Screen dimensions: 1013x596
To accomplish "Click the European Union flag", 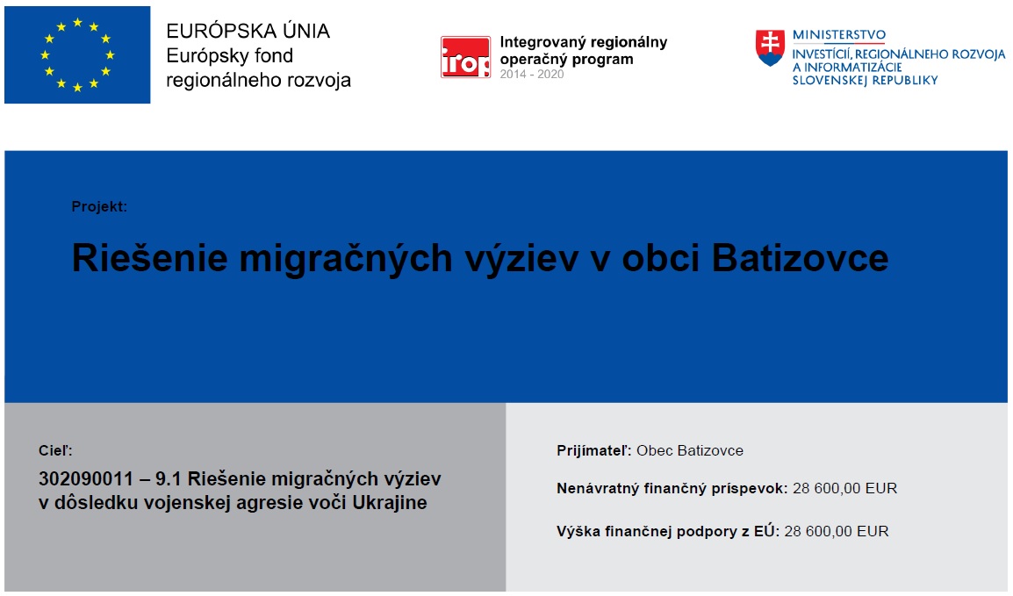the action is click(x=77, y=55).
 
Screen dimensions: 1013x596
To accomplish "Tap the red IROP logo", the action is click(x=465, y=57).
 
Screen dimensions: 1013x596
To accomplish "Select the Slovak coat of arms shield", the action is click(x=770, y=47).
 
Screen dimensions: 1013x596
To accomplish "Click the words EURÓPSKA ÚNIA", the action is click(x=248, y=31).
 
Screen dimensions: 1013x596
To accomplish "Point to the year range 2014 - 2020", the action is click(x=532, y=75).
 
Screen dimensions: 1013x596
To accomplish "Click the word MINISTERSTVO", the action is click(x=839, y=35).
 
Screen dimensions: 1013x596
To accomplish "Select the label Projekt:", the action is click(x=99, y=206).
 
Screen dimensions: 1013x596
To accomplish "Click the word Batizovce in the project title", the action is click(x=800, y=258).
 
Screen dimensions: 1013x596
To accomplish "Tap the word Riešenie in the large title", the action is click(x=150, y=258).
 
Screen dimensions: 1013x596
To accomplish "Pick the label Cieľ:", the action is click(x=55, y=450).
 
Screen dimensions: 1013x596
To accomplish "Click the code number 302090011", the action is click(x=86, y=479).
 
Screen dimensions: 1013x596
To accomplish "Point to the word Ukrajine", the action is click(x=390, y=502).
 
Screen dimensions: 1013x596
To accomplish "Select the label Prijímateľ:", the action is click(x=593, y=450).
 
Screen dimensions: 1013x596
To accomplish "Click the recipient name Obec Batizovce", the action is click(x=690, y=450).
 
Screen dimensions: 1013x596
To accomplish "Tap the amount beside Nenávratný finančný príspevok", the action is click(x=845, y=488).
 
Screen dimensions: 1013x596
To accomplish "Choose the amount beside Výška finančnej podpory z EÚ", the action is click(x=837, y=531).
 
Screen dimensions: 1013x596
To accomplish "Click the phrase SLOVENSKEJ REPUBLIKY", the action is click(x=865, y=81).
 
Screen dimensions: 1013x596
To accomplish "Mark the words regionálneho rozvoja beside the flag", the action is click(x=258, y=81).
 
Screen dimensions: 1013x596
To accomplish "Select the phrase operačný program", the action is click(x=566, y=60).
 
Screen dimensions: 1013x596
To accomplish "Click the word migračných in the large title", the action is click(x=346, y=258).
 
